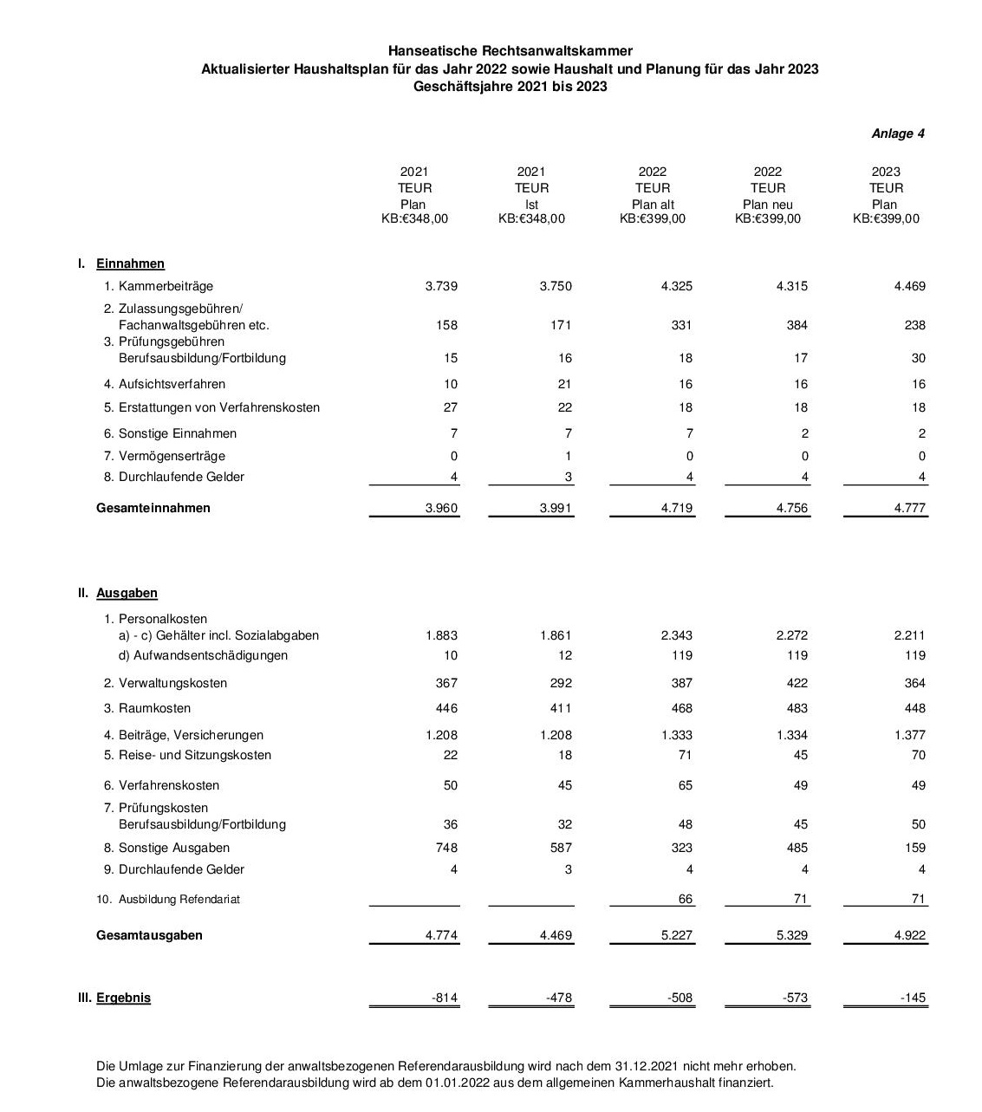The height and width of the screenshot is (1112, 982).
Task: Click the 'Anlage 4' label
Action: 898,133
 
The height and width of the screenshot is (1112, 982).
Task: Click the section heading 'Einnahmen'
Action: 130,263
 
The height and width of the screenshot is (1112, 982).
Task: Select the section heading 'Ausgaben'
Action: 127,593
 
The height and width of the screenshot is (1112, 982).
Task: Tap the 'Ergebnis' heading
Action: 123,998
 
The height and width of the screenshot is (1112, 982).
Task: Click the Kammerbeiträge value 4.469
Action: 909,286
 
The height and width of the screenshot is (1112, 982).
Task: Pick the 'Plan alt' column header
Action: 653,205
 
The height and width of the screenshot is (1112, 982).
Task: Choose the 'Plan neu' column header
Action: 768,205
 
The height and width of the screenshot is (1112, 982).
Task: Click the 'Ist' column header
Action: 531,205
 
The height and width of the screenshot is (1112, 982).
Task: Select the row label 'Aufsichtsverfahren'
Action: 172,384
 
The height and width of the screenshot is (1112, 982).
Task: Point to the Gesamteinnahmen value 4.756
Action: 791,508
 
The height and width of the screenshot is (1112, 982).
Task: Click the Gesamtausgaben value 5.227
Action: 677,935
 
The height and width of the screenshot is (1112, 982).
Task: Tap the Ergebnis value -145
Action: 913,998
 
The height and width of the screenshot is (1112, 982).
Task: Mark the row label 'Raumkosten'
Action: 154,708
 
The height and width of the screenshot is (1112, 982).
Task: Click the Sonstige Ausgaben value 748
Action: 446,848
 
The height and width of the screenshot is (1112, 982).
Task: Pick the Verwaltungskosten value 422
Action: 796,683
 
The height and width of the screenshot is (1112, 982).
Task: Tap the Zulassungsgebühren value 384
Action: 797,325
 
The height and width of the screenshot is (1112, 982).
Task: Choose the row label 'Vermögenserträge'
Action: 172,456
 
